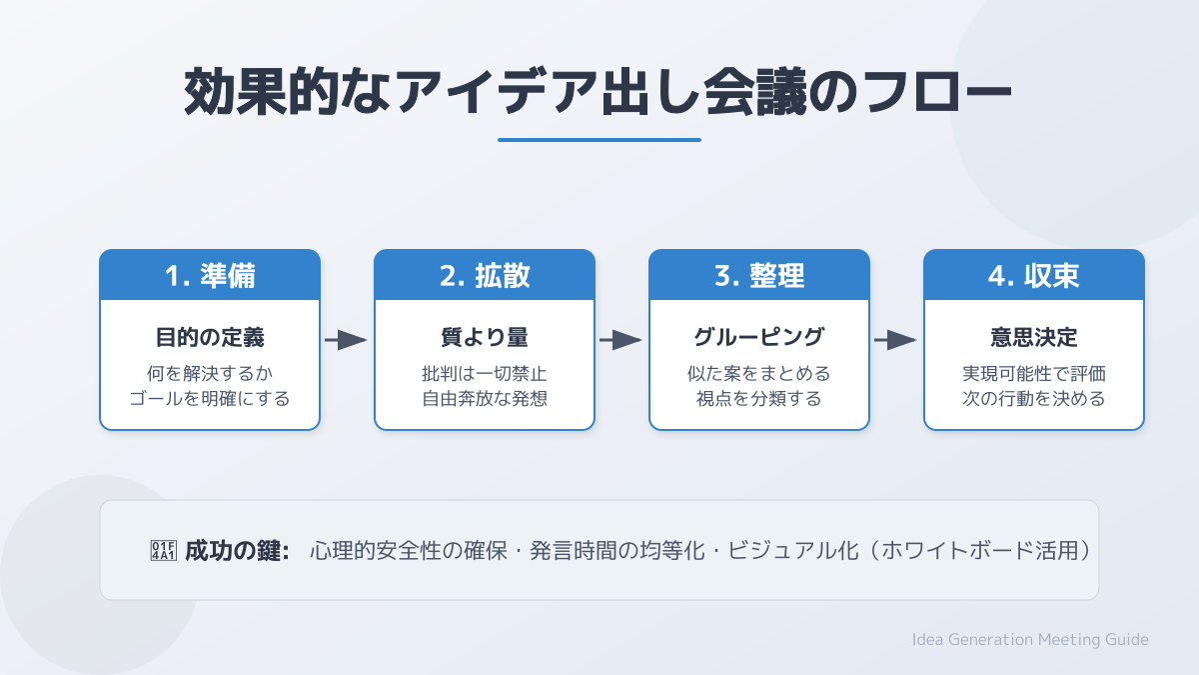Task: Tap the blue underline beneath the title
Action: tap(599, 140)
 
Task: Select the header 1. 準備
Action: tap(210, 275)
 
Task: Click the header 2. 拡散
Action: tap(485, 275)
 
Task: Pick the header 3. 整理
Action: tap(759, 275)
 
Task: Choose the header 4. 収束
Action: tap(1034, 275)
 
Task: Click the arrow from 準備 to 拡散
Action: tap(347, 341)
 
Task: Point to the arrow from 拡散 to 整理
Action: tap(621, 341)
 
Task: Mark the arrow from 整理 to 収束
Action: tap(896, 341)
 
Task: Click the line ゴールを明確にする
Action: tap(210, 399)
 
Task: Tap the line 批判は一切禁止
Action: tap(485, 375)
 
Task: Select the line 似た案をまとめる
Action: tap(759, 375)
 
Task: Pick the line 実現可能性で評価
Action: tap(1034, 375)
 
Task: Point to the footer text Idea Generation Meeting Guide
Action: tap(1030, 640)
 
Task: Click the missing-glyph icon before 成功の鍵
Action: tap(163, 551)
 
